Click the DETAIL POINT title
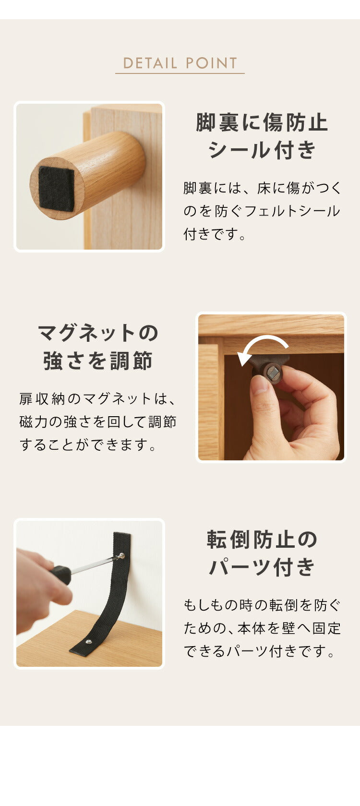tap(180, 63)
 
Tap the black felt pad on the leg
tap(57, 188)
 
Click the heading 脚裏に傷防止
tap(262, 122)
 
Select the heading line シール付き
tap(262, 150)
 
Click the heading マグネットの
tap(98, 333)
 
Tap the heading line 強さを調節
tap(98, 361)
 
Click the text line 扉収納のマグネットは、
tap(98, 398)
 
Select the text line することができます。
tap(89, 445)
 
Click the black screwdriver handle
tap(61, 574)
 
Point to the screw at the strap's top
tap(121, 556)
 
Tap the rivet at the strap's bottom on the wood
tap(88, 641)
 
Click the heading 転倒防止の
tap(262, 540)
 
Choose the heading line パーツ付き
tap(262, 567)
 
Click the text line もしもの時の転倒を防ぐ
tap(262, 605)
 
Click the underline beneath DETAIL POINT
tap(180, 73)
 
